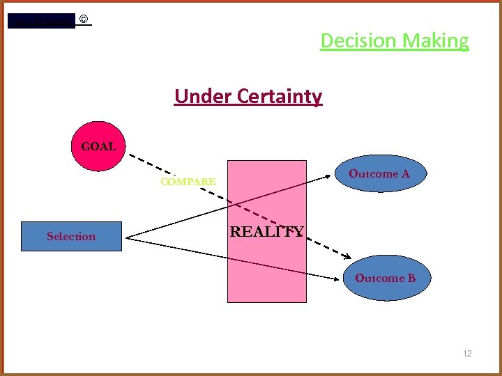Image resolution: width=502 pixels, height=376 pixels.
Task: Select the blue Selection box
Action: pos(71,236)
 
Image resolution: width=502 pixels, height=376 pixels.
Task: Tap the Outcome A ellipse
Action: pos(379,174)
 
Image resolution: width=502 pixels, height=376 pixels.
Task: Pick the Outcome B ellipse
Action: pos(386,279)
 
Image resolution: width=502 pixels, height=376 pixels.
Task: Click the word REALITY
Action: pos(267,232)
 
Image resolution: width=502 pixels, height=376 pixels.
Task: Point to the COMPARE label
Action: pos(188,182)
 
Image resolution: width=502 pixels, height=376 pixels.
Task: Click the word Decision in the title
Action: pos(358,41)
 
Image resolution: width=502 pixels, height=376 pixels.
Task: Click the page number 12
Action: pos(467,354)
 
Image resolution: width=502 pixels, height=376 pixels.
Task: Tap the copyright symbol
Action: pos(84,19)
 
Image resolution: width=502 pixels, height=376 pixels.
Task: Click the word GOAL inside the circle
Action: pos(98,147)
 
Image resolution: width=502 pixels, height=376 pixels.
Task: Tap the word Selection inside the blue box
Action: pos(71,236)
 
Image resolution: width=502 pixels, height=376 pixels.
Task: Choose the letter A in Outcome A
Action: pos(405,173)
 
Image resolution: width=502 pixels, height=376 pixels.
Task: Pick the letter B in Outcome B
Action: pos(411,278)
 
